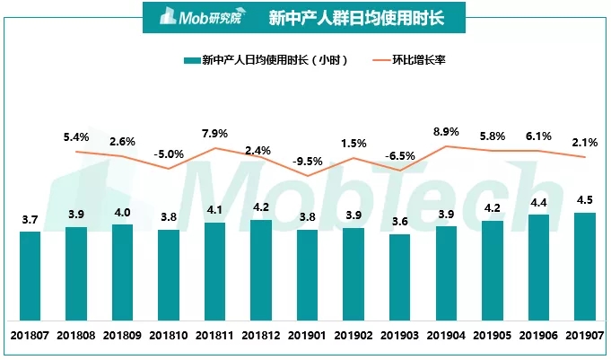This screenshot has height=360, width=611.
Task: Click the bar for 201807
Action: tap(30, 276)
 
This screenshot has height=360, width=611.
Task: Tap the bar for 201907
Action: tap(584, 267)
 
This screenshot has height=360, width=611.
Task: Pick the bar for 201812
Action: tap(260, 269)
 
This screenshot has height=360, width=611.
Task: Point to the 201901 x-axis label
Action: tap(307, 335)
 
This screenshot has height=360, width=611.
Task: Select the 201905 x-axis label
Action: tap(492, 335)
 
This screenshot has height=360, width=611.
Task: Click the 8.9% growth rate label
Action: tap(446, 132)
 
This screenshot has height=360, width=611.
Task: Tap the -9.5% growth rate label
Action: tap(307, 162)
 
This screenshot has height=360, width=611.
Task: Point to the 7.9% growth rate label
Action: tap(214, 134)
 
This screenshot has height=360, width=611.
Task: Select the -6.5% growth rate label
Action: tap(399, 155)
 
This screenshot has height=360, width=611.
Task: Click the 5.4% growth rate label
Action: tap(76, 137)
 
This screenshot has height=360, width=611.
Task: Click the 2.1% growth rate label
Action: tap(584, 143)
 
